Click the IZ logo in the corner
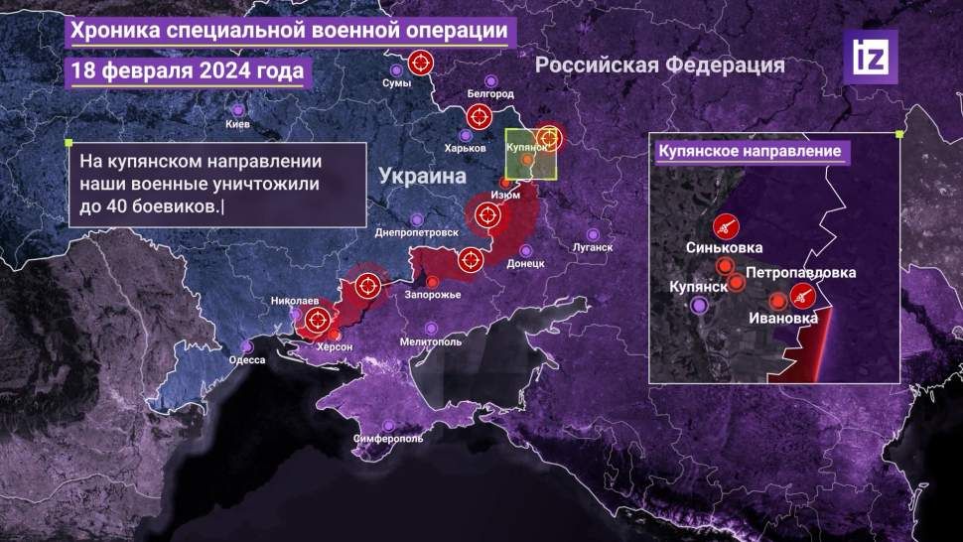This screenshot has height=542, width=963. (x=871, y=57)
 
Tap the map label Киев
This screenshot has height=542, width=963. (x=238, y=124)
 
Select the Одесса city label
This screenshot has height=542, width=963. (x=246, y=359)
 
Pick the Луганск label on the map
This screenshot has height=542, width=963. (x=593, y=246)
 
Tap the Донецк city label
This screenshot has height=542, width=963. (x=525, y=264)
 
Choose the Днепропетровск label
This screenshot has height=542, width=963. (x=417, y=232)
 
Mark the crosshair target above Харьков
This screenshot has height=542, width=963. (x=479, y=117)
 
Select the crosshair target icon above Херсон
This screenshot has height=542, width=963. (x=318, y=320)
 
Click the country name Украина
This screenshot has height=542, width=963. (x=422, y=177)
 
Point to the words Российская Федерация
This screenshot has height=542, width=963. (x=660, y=66)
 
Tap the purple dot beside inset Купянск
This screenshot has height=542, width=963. (x=701, y=306)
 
